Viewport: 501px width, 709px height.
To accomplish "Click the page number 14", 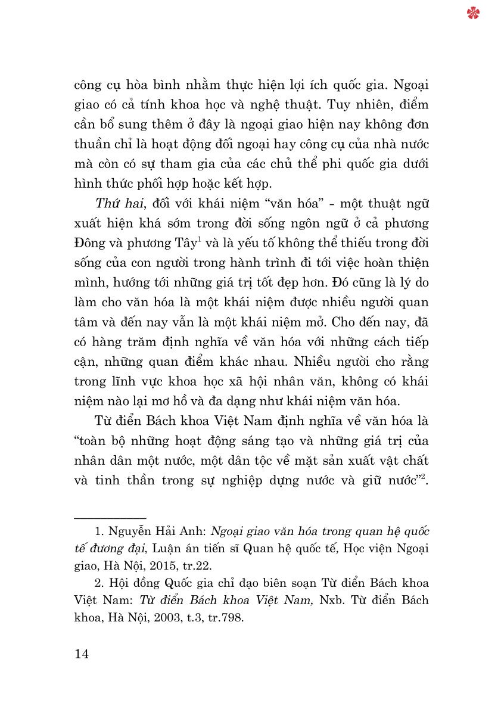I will (x=82, y=654).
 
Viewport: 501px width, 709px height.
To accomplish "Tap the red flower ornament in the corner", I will (x=474, y=13).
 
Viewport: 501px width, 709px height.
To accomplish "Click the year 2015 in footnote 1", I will (x=179, y=564).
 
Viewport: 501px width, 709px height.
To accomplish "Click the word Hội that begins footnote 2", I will (x=122, y=583).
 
